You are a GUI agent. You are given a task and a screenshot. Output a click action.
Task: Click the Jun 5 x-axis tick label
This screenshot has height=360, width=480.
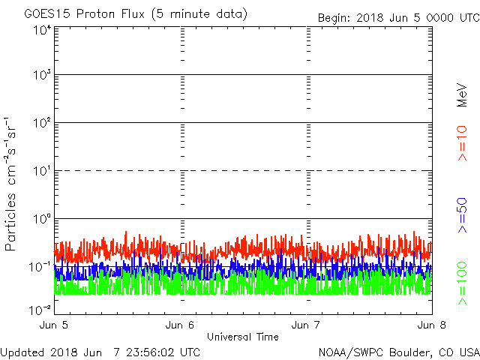click(x=55, y=325)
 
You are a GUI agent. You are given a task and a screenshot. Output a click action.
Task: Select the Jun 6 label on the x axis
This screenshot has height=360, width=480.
click(x=181, y=325)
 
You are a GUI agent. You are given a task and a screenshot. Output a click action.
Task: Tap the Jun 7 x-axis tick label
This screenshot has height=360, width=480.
click(x=307, y=325)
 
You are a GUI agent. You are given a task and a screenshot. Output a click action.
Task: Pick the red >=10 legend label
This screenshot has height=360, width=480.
click(x=463, y=143)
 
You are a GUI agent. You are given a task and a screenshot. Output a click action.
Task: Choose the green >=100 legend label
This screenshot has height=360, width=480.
click(x=463, y=283)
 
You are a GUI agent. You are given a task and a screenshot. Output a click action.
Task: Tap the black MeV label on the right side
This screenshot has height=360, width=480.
click(x=463, y=94)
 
